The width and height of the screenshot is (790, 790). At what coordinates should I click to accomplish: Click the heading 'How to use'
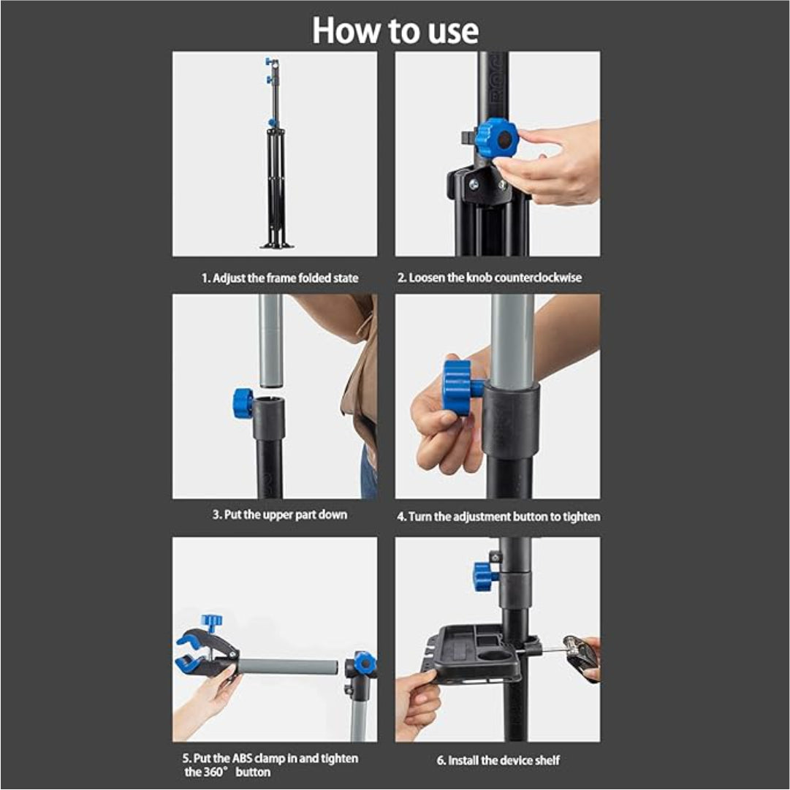(x=395, y=31)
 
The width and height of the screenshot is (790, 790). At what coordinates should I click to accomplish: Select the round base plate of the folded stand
(x=276, y=246)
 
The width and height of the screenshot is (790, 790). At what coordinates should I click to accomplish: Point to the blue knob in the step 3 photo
(x=243, y=403)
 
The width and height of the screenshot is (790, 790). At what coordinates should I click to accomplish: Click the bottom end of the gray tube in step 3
(x=271, y=385)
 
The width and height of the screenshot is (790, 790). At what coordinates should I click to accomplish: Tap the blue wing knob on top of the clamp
(x=212, y=622)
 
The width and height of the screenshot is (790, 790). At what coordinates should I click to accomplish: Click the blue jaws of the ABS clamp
(x=189, y=653)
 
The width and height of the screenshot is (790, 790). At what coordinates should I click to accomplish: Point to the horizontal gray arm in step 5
(x=286, y=667)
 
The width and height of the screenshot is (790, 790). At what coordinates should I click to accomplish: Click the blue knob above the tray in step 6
(x=485, y=577)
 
